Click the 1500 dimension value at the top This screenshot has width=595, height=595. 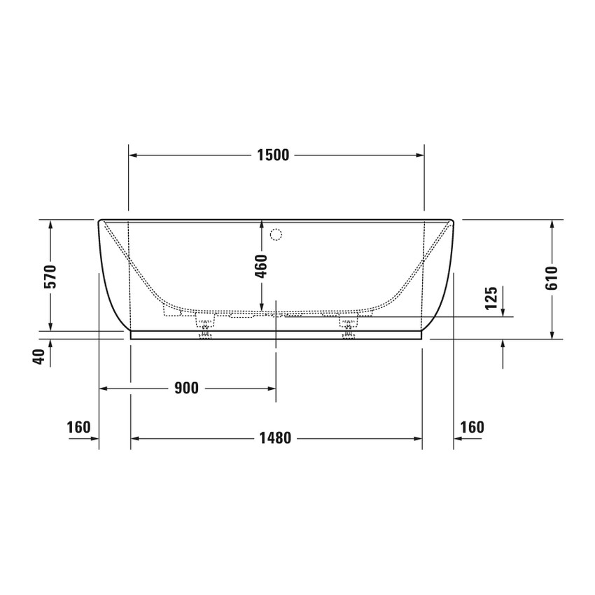pos(273,155)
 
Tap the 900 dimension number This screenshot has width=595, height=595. pos(186,388)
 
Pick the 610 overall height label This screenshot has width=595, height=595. pos(552,279)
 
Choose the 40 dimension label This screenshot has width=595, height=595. pos(40,356)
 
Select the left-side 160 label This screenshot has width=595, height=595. pos(78,427)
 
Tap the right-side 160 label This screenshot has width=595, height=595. pos(472,427)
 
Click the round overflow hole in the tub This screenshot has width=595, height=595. pos(275,234)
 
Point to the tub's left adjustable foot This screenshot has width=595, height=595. pos(205,328)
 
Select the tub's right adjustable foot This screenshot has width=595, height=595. pos(348,328)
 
